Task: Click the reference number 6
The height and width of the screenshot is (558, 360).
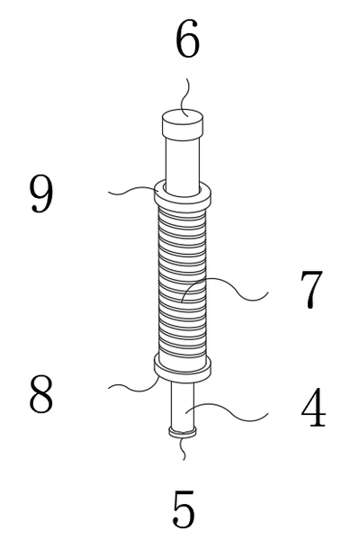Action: point(187,39)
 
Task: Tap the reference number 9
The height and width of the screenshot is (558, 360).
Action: point(41,194)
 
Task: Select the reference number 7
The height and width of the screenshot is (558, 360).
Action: point(311,289)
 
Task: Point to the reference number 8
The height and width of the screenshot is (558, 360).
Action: point(40,394)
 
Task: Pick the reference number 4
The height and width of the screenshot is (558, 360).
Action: point(313,408)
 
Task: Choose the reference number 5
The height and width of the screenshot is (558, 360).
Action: point(184,509)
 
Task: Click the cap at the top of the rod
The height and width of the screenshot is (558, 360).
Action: point(183,124)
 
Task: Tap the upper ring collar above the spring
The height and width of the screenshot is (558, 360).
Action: point(183,196)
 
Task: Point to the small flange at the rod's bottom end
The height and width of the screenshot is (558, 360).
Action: point(183,432)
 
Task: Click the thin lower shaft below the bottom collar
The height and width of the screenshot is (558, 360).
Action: point(183,405)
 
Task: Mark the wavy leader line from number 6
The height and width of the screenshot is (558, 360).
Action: point(185,97)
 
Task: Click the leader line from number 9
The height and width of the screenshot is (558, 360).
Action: point(134,191)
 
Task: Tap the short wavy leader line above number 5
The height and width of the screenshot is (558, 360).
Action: point(183,448)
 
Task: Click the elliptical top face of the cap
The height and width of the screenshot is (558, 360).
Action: point(183,117)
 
